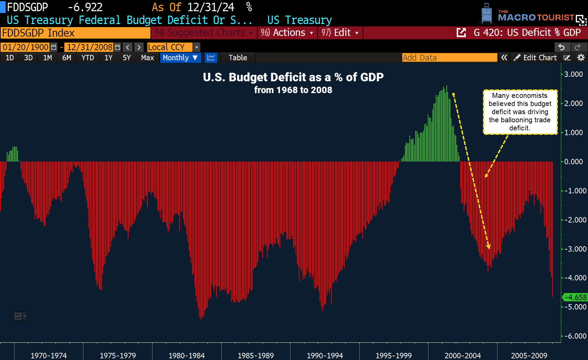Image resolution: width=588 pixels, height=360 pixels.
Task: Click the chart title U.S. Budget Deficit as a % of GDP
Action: [x=293, y=77]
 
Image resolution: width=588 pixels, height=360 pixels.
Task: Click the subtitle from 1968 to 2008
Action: [x=293, y=90]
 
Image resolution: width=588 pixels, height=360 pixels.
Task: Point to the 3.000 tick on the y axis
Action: [x=573, y=74]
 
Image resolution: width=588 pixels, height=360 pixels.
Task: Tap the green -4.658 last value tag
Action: [x=575, y=297]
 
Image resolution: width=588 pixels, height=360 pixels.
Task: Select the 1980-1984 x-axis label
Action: [x=186, y=355]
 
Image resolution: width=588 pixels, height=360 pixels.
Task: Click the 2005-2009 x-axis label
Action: [x=529, y=355]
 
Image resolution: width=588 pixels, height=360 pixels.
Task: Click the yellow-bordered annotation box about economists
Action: [x=520, y=112]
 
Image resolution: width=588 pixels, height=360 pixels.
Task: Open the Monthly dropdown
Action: [x=180, y=58]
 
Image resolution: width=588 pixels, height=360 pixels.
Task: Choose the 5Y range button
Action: [x=126, y=58]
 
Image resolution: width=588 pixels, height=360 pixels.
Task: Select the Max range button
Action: [x=147, y=58]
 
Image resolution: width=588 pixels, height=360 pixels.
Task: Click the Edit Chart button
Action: [x=535, y=58]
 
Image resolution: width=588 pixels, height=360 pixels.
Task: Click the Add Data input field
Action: [x=449, y=58]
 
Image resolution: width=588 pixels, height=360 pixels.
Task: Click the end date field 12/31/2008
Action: [x=89, y=47]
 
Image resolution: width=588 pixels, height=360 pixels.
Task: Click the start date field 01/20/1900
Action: [x=25, y=47]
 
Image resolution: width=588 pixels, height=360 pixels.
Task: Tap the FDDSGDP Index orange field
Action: [x=75, y=33]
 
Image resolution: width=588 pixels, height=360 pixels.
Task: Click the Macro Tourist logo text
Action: [x=535, y=17]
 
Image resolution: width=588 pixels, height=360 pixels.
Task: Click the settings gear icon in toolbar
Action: [x=581, y=58]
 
